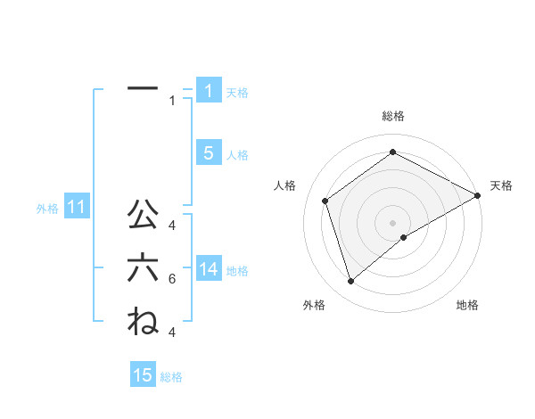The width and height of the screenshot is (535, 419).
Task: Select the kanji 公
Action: point(143,214)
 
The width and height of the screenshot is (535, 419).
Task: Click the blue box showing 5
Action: point(208,152)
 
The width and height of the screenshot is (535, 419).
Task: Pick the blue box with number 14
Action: point(208,268)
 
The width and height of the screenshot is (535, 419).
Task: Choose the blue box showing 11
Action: point(76,208)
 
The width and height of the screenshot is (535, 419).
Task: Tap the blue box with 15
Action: point(143,375)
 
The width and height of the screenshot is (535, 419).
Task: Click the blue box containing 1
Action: point(208,90)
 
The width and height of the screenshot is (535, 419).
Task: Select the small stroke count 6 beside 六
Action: point(171,279)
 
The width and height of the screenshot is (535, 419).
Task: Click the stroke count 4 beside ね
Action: point(171,333)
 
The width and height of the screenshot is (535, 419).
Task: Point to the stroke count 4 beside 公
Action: point(171,226)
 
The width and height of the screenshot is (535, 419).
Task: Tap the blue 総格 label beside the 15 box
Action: point(171,377)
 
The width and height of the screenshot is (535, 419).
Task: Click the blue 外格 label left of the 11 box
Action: point(47,209)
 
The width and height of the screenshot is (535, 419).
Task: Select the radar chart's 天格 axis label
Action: point(501,185)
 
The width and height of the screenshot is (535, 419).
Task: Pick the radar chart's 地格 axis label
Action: point(467,305)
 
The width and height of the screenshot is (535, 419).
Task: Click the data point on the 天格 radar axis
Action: point(478,196)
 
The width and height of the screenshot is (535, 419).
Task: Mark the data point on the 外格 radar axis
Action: point(351,282)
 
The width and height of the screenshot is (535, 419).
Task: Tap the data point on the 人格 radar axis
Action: point(325,201)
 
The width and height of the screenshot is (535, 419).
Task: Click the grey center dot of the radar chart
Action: point(392,222)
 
